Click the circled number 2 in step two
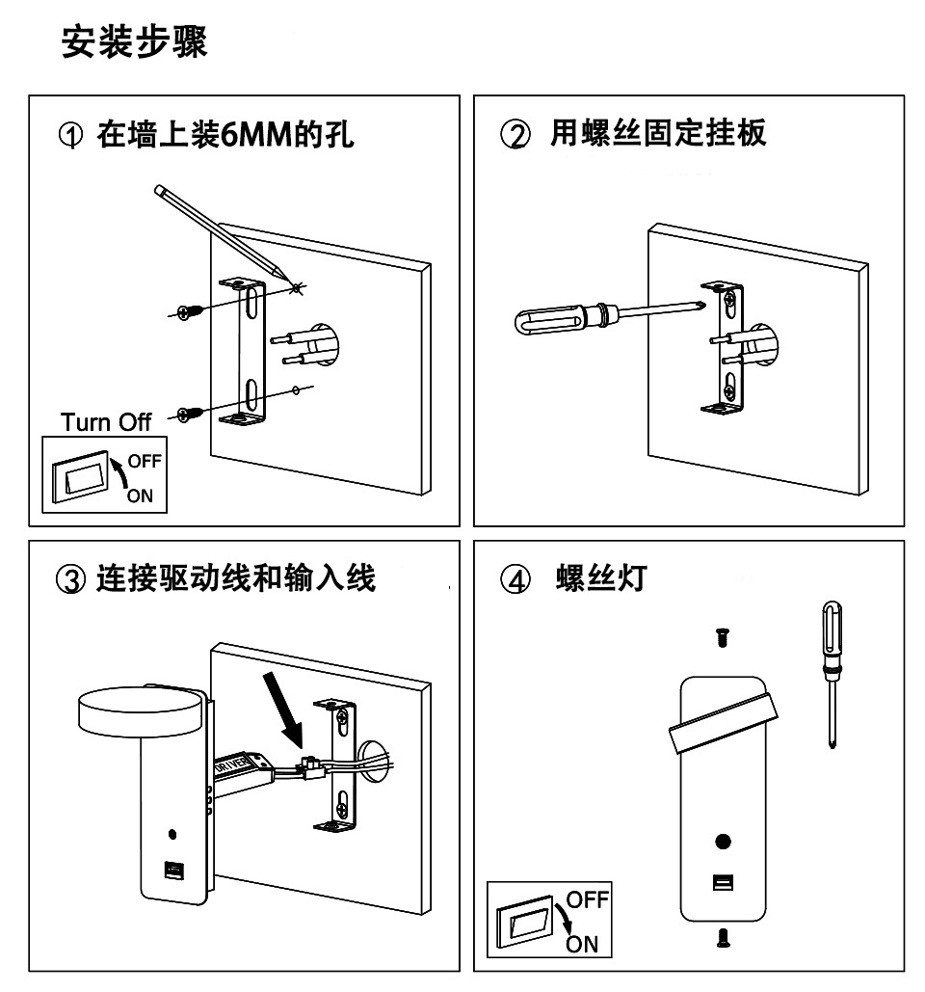515,135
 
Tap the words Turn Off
106,422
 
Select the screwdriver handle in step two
547,320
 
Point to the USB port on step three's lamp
173,871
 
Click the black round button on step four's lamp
723,842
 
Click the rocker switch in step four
527,922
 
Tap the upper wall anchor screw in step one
191,310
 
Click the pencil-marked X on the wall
297,285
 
